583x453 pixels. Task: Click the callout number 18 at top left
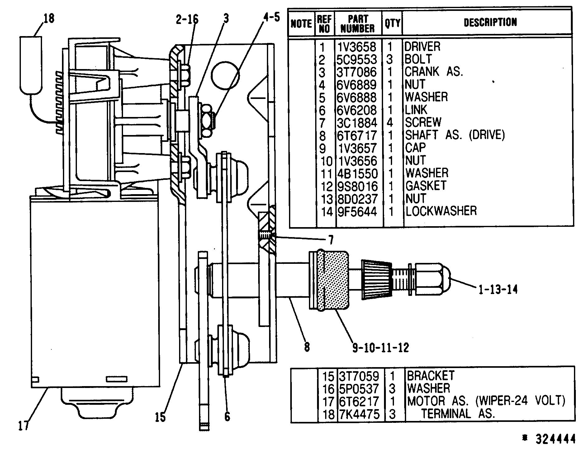(x=49, y=18)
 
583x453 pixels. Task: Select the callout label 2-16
(x=187, y=19)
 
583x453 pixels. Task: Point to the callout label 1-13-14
(x=496, y=290)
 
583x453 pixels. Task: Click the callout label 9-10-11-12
(x=381, y=347)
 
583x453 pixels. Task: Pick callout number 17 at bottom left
(x=24, y=425)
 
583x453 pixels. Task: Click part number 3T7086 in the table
(x=357, y=72)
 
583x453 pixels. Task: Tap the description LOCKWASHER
(x=441, y=211)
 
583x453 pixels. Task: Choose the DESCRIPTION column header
(x=490, y=22)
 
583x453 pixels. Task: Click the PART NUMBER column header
(x=358, y=24)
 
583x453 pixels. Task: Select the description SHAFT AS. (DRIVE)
(x=454, y=135)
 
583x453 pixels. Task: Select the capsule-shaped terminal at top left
(x=31, y=65)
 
